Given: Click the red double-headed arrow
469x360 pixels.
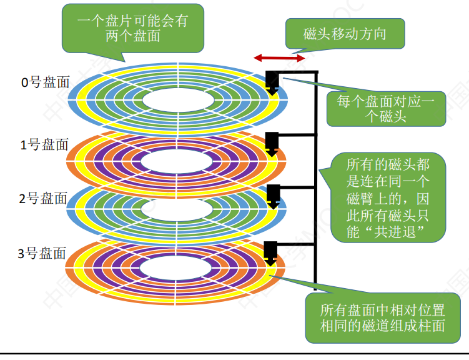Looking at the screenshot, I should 279,58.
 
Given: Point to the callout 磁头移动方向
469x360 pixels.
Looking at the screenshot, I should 345,34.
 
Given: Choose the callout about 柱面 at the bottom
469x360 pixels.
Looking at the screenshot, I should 382,317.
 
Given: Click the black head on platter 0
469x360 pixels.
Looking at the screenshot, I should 272,80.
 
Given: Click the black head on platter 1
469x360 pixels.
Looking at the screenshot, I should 272,141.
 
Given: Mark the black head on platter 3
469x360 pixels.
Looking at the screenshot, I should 271,250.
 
